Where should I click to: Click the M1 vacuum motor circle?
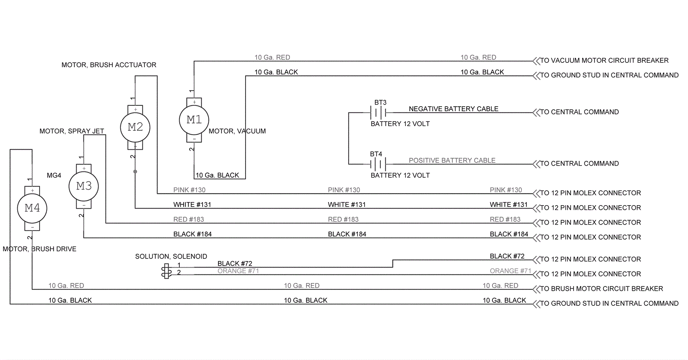(x=194, y=120)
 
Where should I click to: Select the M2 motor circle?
(x=135, y=127)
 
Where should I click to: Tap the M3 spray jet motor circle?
(x=84, y=186)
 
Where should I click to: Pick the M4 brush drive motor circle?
(x=32, y=208)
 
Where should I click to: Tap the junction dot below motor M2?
(x=135, y=172)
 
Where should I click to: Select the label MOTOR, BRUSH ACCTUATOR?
(x=109, y=65)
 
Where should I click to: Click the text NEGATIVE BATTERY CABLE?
(x=453, y=109)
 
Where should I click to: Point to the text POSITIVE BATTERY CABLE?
(x=452, y=160)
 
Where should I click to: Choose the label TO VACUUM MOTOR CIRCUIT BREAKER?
(x=604, y=61)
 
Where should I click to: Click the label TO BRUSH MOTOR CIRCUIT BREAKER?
(x=602, y=289)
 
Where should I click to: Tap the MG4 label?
(x=54, y=175)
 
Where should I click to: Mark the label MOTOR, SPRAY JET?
(x=72, y=131)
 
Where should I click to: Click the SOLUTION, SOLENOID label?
(x=171, y=256)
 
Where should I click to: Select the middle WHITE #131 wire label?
(x=347, y=205)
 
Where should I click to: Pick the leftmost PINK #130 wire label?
(x=189, y=190)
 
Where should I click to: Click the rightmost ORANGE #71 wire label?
(x=510, y=271)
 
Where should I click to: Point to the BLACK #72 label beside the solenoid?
(x=235, y=264)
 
